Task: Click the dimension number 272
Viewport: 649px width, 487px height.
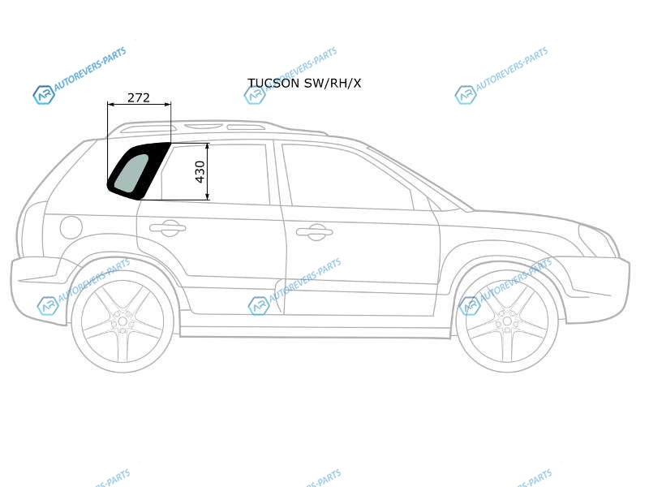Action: (x=138, y=97)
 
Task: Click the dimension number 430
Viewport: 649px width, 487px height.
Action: (x=200, y=171)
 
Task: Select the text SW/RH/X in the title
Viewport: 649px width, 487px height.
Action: (x=333, y=84)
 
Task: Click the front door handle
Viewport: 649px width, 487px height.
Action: (x=315, y=231)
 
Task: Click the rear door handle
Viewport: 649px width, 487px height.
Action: (x=167, y=227)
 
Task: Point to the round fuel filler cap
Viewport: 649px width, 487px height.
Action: (x=71, y=227)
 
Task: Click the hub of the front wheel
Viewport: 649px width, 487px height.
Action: (x=506, y=321)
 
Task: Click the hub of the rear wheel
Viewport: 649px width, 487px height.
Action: (x=122, y=321)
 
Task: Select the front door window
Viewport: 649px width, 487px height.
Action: (x=348, y=176)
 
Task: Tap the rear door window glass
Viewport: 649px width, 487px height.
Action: (x=215, y=174)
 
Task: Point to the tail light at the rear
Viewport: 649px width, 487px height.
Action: (x=32, y=227)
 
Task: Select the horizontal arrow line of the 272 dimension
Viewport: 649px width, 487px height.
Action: (x=139, y=105)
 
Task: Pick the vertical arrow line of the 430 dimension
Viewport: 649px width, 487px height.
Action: (x=208, y=171)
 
